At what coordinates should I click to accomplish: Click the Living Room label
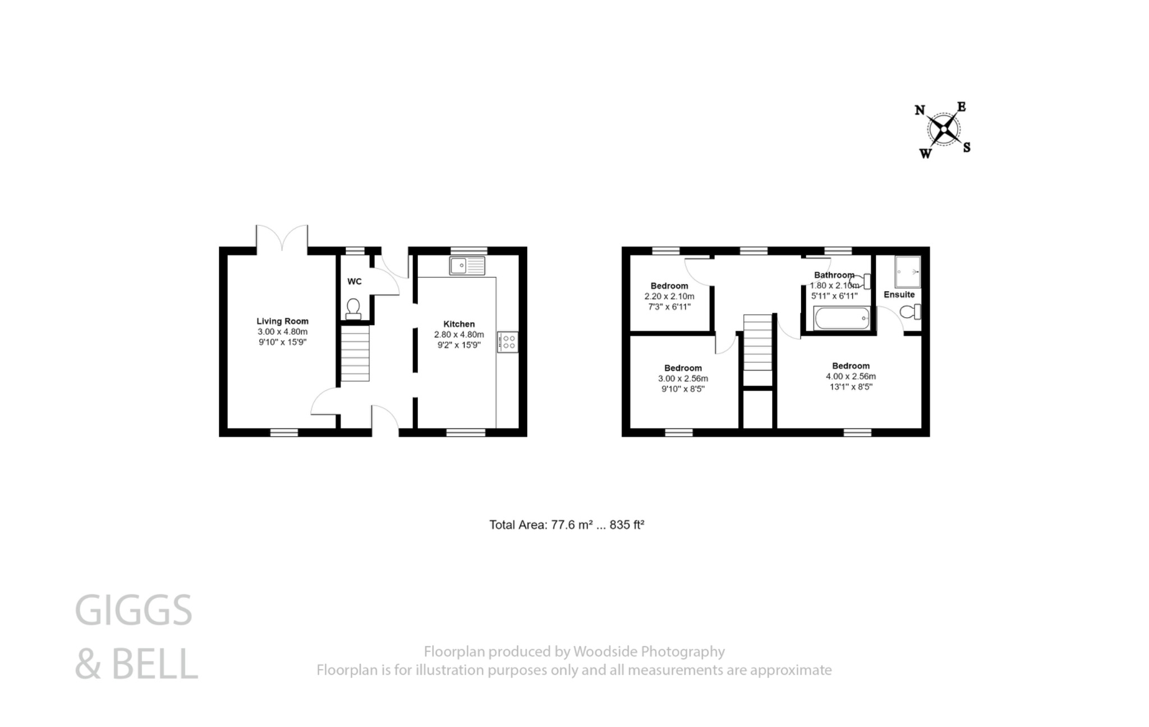[x=282, y=321]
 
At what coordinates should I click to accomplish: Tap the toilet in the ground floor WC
[x=353, y=309]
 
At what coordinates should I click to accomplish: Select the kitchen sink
[x=467, y=266]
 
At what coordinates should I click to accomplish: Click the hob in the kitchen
[x=508, y=342]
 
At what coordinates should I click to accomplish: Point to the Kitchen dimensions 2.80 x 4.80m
[x=459, y=335]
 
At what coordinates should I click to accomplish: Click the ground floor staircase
[x=355, y=354]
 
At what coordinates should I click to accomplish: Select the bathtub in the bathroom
[x=841, y=319]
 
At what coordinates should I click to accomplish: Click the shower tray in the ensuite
[x=908, y=272]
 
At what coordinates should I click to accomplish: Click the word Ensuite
[x=899, y=294]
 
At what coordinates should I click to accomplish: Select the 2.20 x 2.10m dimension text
[x=669, y=296]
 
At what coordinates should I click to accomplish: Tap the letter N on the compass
[x=920, y=110]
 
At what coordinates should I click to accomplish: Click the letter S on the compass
[x=967, y=148]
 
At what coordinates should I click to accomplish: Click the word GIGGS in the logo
[x=134, y=611]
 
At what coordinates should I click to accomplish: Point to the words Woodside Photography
[x=649, y=651]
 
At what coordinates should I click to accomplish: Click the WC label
[x=354, y=281]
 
